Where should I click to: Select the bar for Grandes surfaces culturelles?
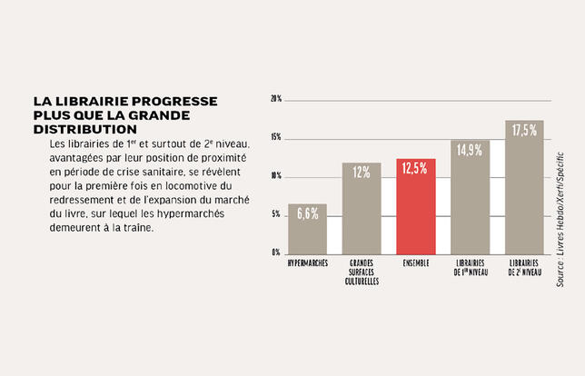(x=362, y=208)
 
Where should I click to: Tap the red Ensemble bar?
(x=415, y=206)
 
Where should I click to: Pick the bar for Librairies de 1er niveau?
(x=470, y=197)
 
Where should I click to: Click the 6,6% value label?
(x=308, y=213)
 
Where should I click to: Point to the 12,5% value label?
(x=415, y=169)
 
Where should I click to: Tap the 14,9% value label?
(x=470, y=151)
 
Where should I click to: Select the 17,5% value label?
(x=524, y=131)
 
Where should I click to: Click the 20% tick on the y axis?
(x=275, y=98)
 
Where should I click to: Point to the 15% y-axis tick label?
(x=275, y=137)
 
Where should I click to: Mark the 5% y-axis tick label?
(x=276, y=214)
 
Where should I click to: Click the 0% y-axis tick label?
(x=276, y=252)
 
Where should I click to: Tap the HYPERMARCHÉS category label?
(x=307, y=263)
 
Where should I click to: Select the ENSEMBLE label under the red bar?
(x=415, y=263)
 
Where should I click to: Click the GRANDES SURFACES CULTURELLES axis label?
(x=362, y=272)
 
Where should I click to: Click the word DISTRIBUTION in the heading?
(x=82, y=130)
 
